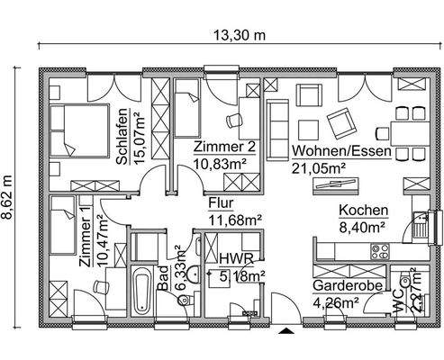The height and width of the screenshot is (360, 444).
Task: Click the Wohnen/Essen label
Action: [341, 152]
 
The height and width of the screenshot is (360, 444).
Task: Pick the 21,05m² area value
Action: [319, 167]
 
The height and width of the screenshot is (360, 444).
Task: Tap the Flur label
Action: [221, 203]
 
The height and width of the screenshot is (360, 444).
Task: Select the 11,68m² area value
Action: [234, 219]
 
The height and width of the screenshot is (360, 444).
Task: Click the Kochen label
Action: [363, 211]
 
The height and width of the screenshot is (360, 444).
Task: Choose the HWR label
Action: [232, 258]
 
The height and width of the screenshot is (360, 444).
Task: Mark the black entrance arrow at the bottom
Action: [286, 332]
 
